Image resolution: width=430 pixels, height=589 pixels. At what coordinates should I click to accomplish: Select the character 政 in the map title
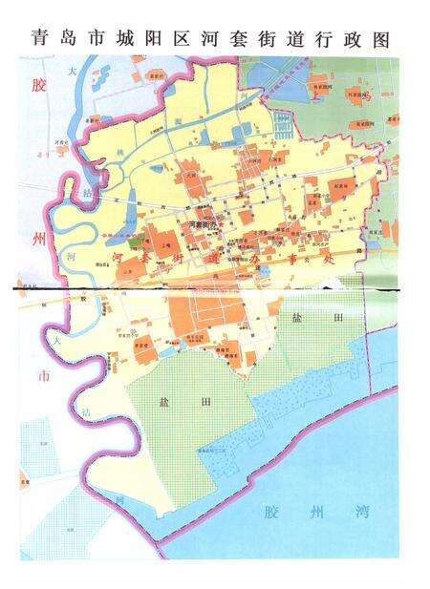351,40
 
